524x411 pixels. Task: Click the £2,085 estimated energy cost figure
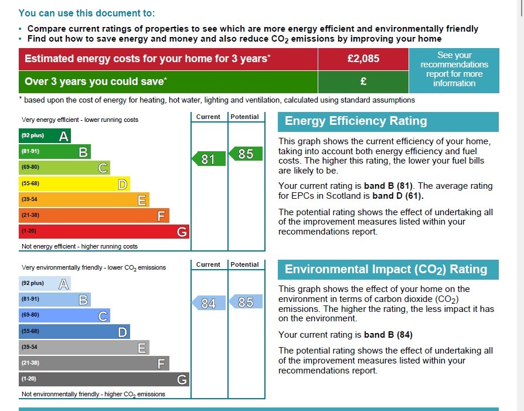click(363, 59)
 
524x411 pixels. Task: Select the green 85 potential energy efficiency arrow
click(245, 154)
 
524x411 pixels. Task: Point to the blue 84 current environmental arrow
click(209, 303)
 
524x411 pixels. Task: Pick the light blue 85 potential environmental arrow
click(245, 302)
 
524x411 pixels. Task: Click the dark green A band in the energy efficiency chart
click(45, 136)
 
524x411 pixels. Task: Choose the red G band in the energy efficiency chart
click(104, 232)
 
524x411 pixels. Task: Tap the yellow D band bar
click(74, 184)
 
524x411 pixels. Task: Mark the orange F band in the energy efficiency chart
click(94, 216)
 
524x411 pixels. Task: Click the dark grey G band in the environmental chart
click(104, 379)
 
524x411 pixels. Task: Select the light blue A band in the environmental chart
click(45, 284)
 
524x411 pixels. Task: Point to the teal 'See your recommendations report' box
click(454, 69)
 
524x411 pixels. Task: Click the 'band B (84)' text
click(388, 335)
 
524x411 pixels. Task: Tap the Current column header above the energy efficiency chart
click(208, 117)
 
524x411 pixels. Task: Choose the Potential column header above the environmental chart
click(244, 264)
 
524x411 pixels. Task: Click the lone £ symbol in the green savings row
click(363, 81)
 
